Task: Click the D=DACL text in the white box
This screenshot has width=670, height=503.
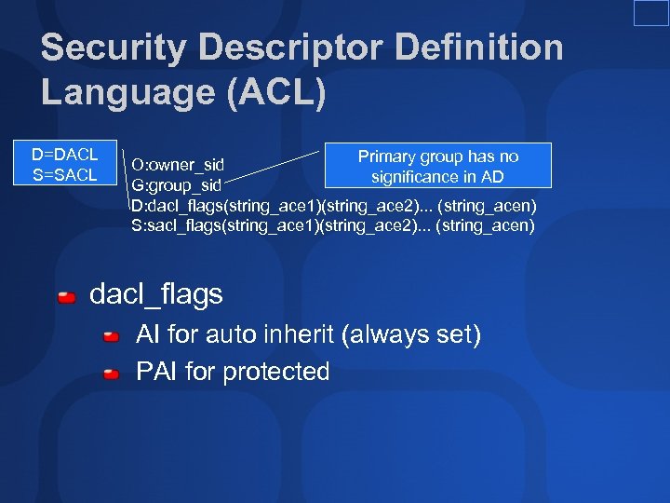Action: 64,155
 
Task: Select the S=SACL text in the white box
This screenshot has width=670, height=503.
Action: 64,174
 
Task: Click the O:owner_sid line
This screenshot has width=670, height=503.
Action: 178,165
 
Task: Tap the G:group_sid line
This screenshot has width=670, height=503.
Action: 176,185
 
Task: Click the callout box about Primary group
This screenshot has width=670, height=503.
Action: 437,166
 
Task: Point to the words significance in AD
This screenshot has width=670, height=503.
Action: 437,176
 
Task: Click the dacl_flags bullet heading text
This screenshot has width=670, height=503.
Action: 155,295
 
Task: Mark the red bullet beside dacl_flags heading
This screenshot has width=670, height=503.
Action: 67,298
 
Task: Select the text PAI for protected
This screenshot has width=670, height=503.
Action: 233,372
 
